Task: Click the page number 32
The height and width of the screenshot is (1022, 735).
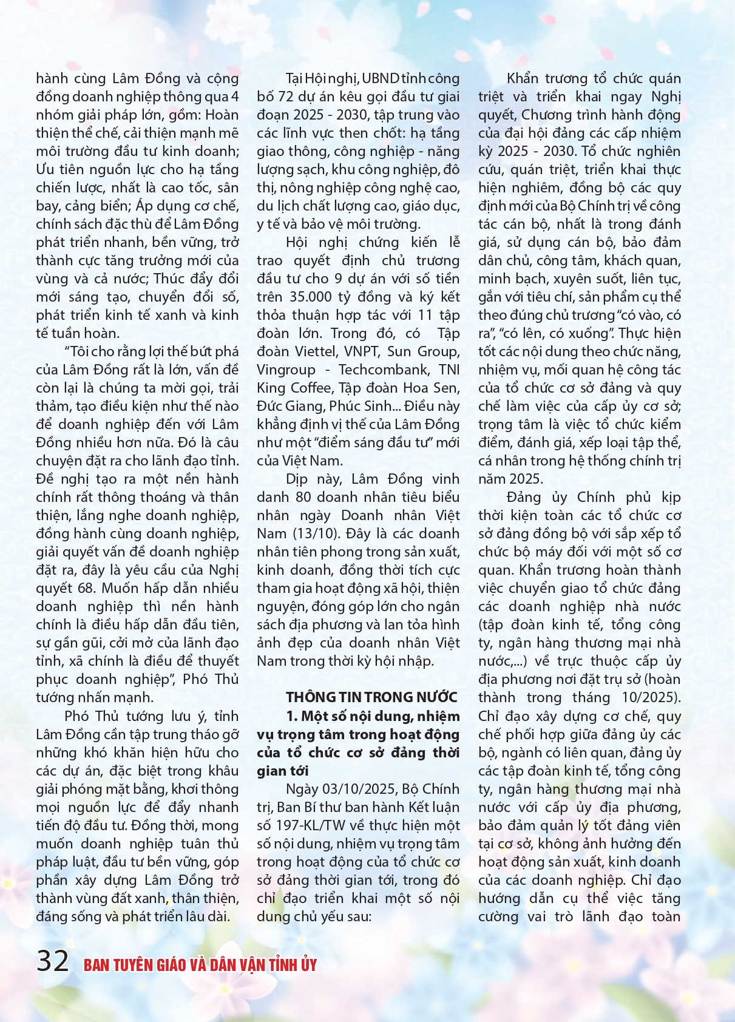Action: [53, 961]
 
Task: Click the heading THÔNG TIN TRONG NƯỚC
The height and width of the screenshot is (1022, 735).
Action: [371, 697]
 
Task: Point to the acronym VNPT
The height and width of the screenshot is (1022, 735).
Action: [362, 351]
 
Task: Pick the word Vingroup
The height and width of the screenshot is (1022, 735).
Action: [286, 370]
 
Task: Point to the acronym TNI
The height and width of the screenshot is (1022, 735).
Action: [449, 370]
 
